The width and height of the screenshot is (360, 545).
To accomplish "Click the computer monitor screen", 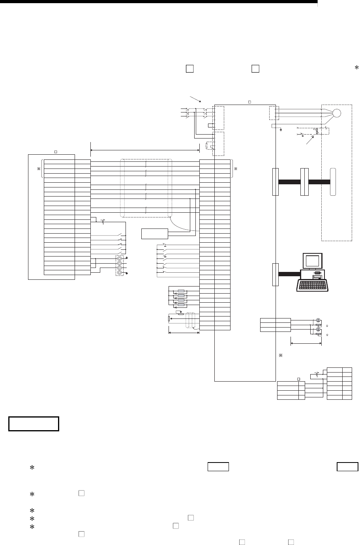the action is (x=312, y=261).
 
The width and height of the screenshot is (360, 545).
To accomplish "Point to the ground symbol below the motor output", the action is (x=280, y=129).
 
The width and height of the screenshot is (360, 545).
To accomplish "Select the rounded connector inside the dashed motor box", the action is (x=332, y=182).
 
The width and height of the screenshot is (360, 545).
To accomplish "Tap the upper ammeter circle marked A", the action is (x=318, y=320).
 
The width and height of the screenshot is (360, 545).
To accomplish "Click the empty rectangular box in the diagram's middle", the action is (x=154, y=234).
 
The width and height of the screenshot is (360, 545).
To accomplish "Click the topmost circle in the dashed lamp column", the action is (x=120, y=258).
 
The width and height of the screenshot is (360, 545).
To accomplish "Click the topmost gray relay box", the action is (x=181, y=291).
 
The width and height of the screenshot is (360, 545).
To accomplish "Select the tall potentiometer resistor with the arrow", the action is (x=169, y=318).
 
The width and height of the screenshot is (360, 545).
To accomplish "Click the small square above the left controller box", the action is (x=56, y=152).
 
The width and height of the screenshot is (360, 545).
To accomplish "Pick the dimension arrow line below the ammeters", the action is (x=306, y=344).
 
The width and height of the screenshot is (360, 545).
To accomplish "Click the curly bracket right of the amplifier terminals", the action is (x=232, y=169).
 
